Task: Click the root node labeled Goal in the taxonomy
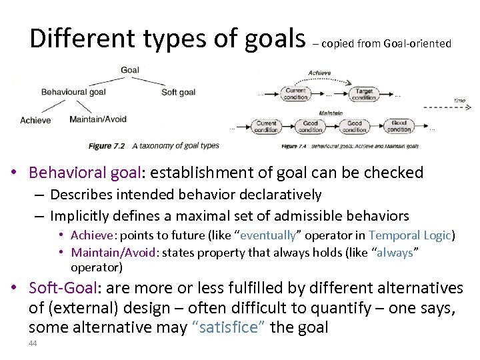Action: [x=130, y=70]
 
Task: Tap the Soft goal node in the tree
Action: [x=178, y=91]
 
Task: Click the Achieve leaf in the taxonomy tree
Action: [x=35, y=120]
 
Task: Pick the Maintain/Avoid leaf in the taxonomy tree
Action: [x=99, y=120]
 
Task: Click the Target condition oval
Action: [x=364, y=94]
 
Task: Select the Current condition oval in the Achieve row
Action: [x=295, y=94]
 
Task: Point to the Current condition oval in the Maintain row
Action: [x=266, y=127]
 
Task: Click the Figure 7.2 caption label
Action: [x=105, y=145]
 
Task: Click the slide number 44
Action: [x=33, y=343]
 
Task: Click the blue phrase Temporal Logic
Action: [x=409, y=235]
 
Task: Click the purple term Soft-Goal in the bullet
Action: [x=64, y=288]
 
